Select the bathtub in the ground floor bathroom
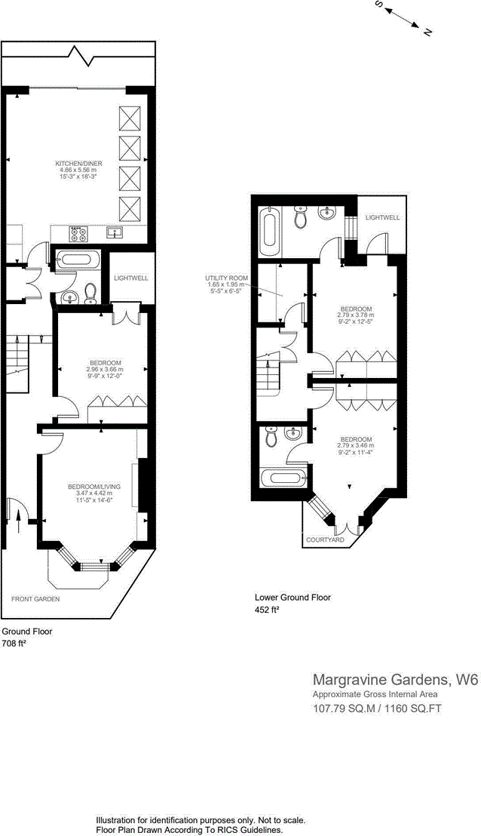[78, 260]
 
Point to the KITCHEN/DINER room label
[78, 163]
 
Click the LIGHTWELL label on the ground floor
[130, 278]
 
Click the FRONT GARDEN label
[35, 598]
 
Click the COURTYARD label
[325, 540]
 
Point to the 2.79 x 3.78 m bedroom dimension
[355, 316]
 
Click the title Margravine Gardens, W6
[395, 680]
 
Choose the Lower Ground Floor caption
[293, 598]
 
